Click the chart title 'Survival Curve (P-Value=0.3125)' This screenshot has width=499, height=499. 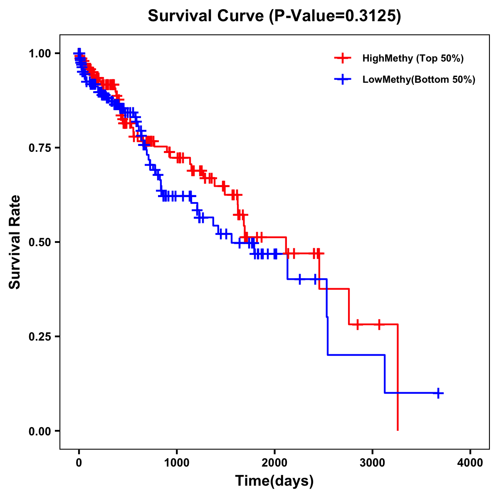[x=274, y=16]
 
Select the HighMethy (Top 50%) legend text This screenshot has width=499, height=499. [x=413, y=58]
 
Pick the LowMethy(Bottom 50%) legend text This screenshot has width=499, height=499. [x=418, y=79]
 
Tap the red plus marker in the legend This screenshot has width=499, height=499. [x=343, y=58]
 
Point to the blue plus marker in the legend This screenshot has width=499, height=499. [x=343, y=79]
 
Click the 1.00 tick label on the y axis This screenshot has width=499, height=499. [x=39, y=53]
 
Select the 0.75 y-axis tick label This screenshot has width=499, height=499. [x=39, y=148]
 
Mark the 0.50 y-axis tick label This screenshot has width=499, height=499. [x=39, y=242]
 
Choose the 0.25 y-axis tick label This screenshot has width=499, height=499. [x=39, y=336]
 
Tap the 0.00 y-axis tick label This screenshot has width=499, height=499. [x=39, y=431]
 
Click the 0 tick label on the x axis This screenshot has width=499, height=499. [x=79, y=463]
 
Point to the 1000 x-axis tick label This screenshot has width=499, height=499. [x=177, y=463]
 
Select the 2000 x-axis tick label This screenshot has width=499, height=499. [x=274, y=463]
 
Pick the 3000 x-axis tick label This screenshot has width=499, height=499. [x=373, y=463]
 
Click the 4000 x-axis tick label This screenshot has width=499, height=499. [x=470, y=463]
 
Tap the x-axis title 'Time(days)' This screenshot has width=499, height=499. [x=274, y=481]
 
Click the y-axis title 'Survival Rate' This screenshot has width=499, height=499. [x=15, y=242]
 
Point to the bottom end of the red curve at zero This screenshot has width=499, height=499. [x=398, y=430]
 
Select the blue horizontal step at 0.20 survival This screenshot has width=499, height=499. [x=356, y=355]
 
